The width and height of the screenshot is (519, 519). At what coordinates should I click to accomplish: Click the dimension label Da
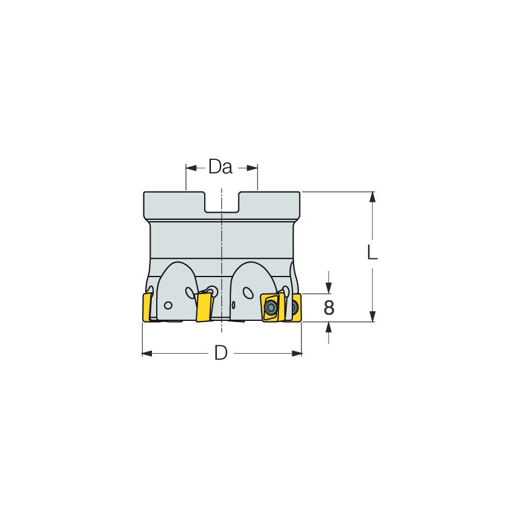[221, 167]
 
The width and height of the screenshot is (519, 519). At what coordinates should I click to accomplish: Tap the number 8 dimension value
[329, 308]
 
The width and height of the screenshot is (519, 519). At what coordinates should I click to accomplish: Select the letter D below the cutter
[221, 353]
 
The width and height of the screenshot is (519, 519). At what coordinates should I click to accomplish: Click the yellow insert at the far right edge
[296, 306]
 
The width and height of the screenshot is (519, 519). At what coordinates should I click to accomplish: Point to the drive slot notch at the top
[222, 204]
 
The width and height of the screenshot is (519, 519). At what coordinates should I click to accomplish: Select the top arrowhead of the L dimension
[373, 196]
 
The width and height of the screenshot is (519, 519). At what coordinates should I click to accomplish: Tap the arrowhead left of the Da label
[190, 167]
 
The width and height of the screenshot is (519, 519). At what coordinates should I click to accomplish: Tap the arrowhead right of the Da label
[253, 167]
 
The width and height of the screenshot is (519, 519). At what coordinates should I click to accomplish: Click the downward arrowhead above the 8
[329, 289]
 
